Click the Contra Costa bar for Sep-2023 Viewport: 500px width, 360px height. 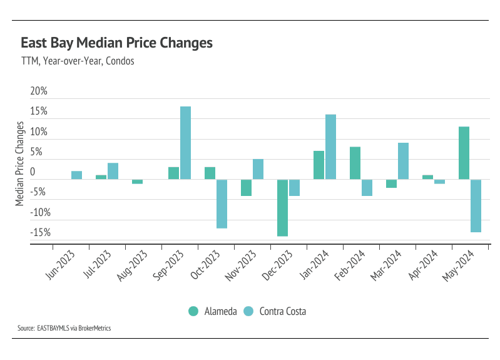pos(185,143)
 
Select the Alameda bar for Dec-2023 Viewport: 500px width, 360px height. pos(283,208)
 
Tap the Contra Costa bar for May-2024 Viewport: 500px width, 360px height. pos(475,206)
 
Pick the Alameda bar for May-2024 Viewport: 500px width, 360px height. pos(464,153)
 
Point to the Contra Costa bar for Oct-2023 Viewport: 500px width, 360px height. pos(222,204)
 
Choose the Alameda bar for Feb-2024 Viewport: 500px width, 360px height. pos(355,163)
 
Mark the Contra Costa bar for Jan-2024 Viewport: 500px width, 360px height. pos(330,147)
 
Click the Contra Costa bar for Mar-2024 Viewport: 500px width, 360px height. pos(403,161)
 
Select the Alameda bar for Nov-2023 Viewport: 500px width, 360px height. pos(247,188)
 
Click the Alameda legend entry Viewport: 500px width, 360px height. pos(213,311)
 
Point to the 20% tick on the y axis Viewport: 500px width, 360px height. pos(39,91)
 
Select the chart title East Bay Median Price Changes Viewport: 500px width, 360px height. pos(116,43)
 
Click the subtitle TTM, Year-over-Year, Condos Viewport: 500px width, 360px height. pos(78,61)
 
